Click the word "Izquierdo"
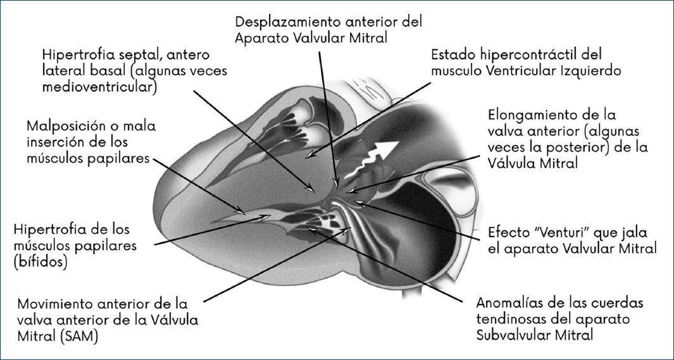click(587, 71)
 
